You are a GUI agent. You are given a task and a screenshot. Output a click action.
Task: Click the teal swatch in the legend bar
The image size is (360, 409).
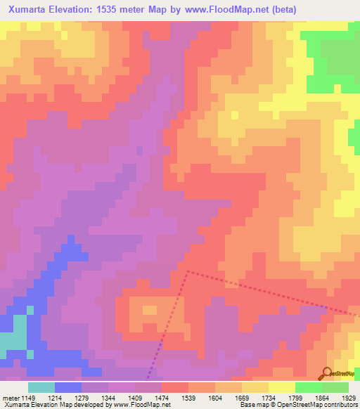click(x=41, y=387)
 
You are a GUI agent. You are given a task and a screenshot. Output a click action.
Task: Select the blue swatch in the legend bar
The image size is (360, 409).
click(x=68, y=387)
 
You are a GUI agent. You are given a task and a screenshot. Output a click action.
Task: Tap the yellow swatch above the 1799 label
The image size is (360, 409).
click(x=281, y=387)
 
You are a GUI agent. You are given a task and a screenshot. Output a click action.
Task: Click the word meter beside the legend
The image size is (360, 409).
click(x=11, y=397)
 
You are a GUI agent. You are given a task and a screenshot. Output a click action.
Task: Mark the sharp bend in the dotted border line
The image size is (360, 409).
click(x=187, y=270)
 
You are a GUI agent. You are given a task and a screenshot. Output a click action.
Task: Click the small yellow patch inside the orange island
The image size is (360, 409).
click(x=150, y=309)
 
